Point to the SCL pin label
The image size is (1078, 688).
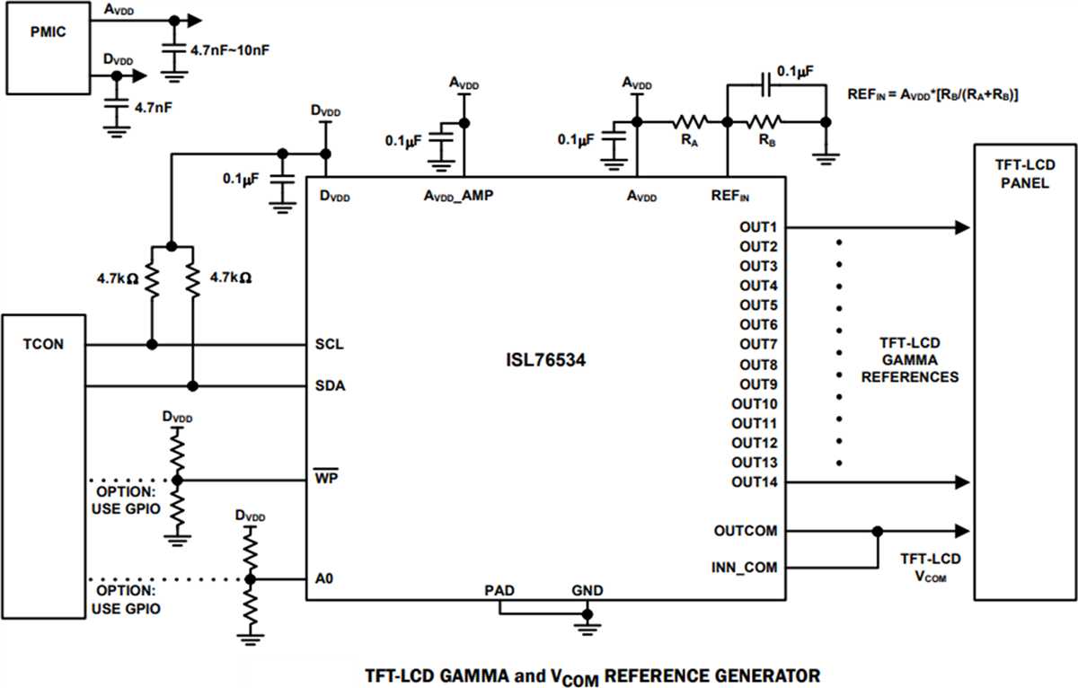click(x=330, y=345)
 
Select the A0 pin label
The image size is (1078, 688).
click(x=325, y=578)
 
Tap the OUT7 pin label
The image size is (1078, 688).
click(x=758, y=345)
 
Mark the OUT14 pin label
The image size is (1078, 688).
click(x=755, y=482)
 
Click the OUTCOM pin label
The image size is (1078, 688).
click(x=747, y=530)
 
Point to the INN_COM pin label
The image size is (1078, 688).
click(x=745, y=568)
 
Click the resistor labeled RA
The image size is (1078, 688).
click(x=692, y=120)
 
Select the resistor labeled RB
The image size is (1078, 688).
click(x=764, y=120)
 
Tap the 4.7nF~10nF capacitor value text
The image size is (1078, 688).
click(x=230, y=50)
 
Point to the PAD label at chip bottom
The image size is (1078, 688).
click(x=499, y=590)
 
